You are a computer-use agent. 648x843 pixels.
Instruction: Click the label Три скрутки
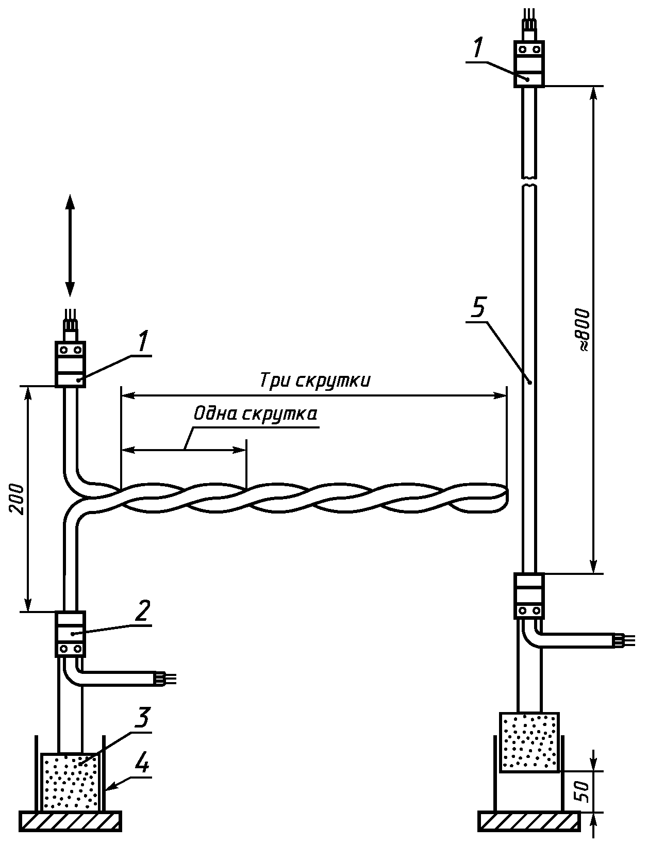(x=314, y=381)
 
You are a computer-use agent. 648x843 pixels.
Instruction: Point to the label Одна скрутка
(x=255, y=414)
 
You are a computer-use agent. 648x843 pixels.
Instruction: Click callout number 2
(x=142, y=611)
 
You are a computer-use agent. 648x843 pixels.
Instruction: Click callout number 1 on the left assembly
(x=143, y=341)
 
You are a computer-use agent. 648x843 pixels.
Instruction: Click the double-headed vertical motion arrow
(x=70, y=245)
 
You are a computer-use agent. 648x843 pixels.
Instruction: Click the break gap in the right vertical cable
(x=529, y=181)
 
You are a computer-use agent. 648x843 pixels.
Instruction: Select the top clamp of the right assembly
(x=529, y=63)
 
